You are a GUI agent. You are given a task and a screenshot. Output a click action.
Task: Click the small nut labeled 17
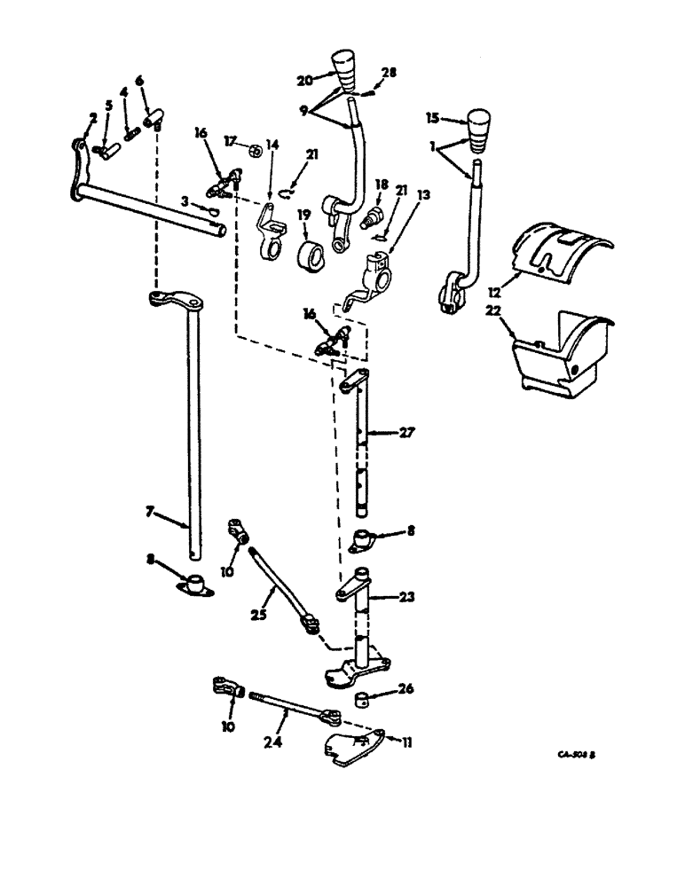point(251,148)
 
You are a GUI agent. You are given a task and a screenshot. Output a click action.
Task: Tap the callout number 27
point(406,434)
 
